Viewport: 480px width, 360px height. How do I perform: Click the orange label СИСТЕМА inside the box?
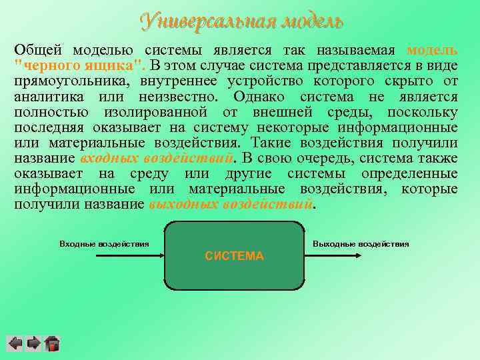[234, 256]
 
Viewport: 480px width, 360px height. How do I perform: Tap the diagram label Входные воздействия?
[104, 244]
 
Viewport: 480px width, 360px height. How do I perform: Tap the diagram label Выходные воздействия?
[361, 244]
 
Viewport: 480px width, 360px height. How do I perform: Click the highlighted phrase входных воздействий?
[157, 159]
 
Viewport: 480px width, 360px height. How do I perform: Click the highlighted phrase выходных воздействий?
[231, 205]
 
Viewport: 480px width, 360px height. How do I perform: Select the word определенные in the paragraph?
[409, 174]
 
